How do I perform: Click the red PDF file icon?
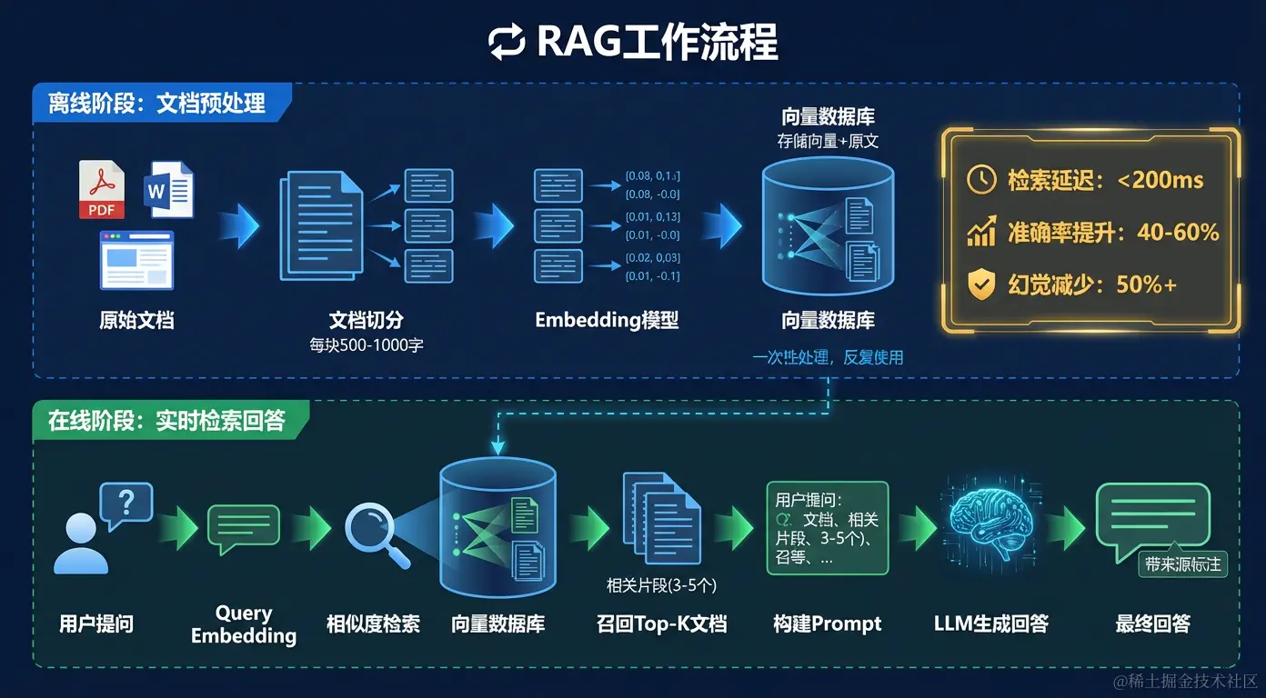coord(101,189)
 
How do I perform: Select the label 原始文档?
coord(136,321)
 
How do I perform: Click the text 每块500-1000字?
coord(366,344)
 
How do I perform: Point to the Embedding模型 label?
coord(607,321)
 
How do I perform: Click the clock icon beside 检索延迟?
coord(981,180)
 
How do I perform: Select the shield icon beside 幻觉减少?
coord(981,285)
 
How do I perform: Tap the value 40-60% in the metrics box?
coord(1178,233)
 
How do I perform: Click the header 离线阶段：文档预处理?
coord(157,103)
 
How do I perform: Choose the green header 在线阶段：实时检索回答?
coord(166,421)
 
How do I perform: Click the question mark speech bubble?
coord(126,504)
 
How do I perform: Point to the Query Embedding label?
coord(244,624)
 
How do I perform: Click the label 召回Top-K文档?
coord(661,624)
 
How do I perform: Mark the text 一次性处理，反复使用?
coord(828,357)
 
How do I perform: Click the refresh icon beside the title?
coord(507,43)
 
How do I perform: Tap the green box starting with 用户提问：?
coord(827,527)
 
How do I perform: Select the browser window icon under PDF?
coord(136,260)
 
